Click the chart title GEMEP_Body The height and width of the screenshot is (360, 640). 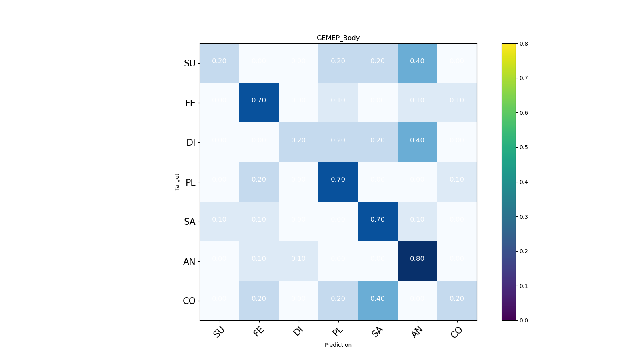338,38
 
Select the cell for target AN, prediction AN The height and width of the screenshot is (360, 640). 417,261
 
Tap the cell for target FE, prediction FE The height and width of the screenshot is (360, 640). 259,102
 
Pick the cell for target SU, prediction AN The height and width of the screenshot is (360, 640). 417,63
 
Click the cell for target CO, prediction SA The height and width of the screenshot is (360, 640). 378,300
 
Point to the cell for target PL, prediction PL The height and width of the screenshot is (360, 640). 338,182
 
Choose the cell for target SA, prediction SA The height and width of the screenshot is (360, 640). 378,221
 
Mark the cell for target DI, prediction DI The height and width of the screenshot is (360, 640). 298,142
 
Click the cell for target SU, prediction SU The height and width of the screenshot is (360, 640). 219,63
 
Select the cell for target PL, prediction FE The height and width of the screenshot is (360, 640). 259,182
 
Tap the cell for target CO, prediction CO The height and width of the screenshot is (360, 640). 457,300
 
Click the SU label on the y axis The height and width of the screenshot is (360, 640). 190,63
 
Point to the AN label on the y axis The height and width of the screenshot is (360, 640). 189,262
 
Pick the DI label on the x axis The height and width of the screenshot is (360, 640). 298,331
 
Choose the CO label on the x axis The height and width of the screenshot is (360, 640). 456,332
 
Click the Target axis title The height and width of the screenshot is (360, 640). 177,182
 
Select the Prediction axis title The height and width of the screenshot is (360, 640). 338,345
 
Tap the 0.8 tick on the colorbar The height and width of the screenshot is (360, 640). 524,44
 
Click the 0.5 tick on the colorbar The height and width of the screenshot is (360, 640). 524,147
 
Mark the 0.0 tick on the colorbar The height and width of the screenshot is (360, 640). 524,320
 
